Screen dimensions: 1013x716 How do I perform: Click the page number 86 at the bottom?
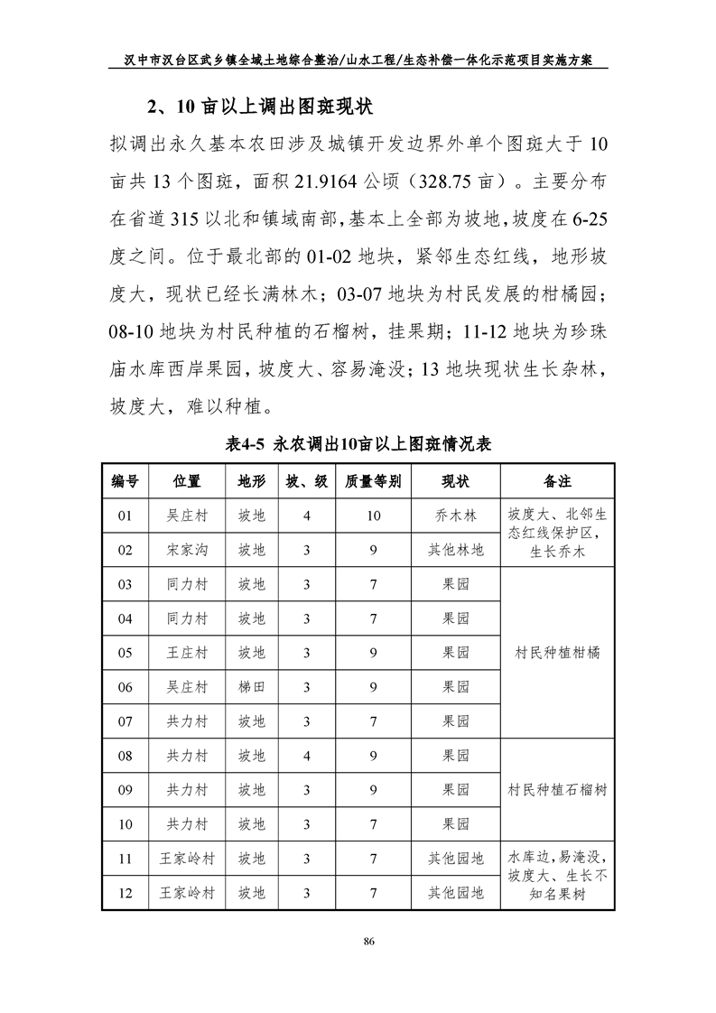tap(367, 942)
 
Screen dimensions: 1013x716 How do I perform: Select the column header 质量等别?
tap(373, 480)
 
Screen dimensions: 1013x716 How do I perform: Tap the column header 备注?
tap(557, 480)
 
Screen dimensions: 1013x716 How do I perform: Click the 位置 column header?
tap(187, 480)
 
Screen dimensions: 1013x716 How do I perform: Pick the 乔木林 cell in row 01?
tap(455, 516)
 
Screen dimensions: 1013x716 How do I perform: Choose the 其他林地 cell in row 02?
tap(455, 550)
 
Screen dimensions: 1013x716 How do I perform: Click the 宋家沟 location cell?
tap(187, 550)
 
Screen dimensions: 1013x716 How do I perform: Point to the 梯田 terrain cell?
tap(252, 687)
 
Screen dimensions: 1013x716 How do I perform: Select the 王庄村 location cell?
tap(187, 653)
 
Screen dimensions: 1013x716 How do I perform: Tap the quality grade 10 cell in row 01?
tap(373, 516)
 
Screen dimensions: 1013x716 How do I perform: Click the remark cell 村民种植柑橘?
tap(557, 653)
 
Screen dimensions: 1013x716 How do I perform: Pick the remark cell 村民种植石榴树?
tap(557, 790)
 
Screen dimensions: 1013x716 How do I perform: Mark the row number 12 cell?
tap(126, 893)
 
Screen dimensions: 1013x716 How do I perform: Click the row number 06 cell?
tap(126, 687)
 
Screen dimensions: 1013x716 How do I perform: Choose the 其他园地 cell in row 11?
tap(455, 859)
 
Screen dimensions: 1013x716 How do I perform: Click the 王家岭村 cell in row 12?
tap(187, 893)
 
